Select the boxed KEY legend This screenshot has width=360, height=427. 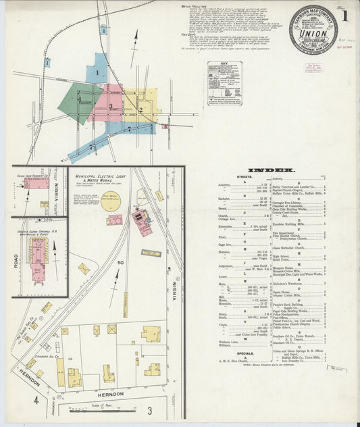pos(225,81)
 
